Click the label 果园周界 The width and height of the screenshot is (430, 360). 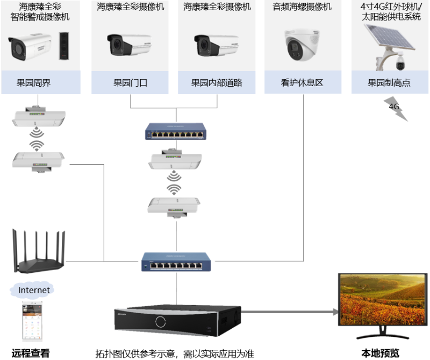click(x=33, y=83)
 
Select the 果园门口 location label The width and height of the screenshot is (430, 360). click(x=130, y=83)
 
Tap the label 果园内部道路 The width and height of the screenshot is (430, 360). click(x=217, y=83)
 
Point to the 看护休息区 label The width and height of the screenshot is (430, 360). click(x=302, y=83)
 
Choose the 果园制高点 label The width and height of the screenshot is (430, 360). click(x=389, y=83)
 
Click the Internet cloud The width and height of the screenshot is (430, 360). click(x=34, y=290)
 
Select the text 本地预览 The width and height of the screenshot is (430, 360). click(x=380, y=353)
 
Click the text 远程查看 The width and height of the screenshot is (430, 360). click(x=31, y=353)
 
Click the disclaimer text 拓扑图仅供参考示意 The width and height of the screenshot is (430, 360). click(x=134, y=354)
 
